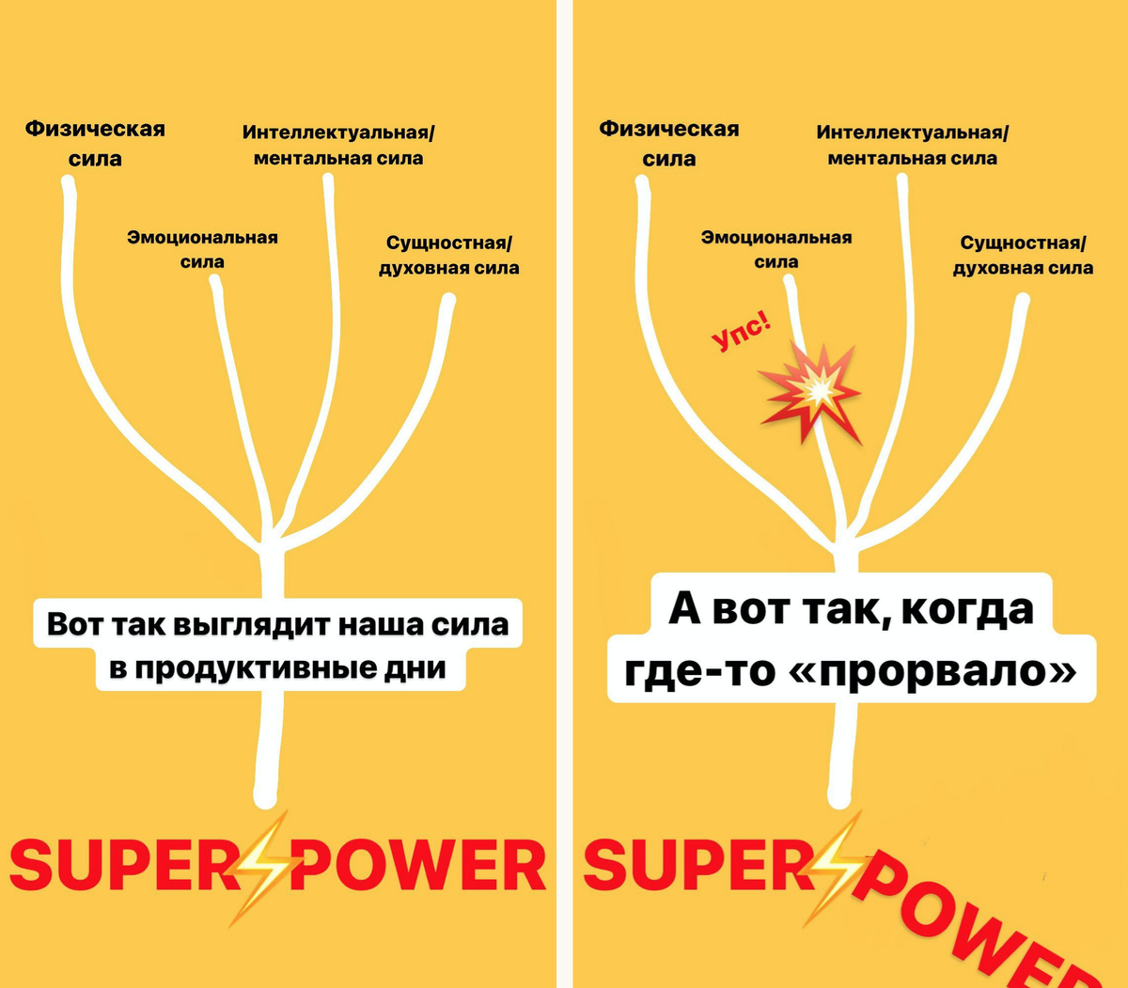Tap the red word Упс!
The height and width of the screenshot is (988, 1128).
point(741,331)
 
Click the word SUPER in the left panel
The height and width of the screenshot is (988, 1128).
point(122,866)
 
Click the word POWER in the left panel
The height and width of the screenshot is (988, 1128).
point(419,866)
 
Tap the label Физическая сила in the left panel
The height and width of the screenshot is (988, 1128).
point(95,143)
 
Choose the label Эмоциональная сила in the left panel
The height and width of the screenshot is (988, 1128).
point(202,249)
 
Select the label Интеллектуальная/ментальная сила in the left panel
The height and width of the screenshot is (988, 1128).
point(338,145)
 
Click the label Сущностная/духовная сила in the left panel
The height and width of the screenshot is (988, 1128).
point(449,255)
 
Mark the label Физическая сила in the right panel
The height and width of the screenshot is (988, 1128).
point(669,143)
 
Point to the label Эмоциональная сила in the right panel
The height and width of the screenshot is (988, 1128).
point(776,249)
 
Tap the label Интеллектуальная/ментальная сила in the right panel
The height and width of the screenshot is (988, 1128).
point(912,145)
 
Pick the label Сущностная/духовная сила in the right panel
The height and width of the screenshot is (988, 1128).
point(1023,255)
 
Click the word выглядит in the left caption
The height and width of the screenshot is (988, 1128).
point(252,624)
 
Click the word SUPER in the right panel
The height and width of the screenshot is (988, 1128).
point(696,866)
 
